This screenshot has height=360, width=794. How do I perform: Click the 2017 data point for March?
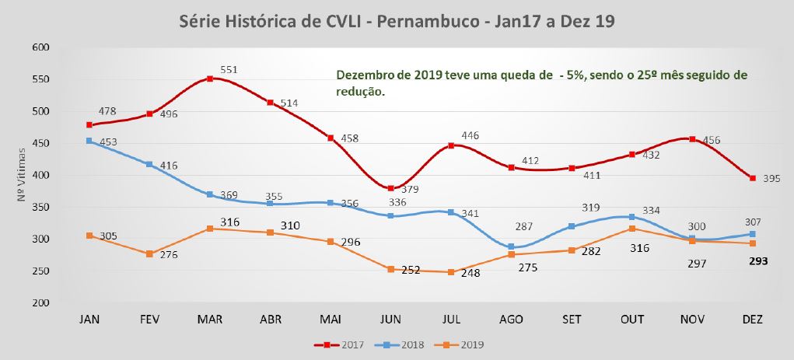point(210,79)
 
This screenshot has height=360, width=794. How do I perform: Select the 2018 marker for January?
point(89,141)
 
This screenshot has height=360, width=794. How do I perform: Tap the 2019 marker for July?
point(451,272)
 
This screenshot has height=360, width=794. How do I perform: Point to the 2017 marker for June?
point(391,188)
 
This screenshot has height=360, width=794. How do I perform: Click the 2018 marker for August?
point(512,247)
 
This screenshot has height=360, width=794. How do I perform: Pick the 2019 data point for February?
point(149,254)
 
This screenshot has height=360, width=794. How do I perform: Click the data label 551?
point(229,70)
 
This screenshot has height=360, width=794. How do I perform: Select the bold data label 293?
point(758,261)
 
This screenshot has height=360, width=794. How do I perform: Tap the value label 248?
point(470,274)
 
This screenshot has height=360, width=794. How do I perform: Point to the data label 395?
point(771,178)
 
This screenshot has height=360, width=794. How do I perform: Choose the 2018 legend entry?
point(399,344)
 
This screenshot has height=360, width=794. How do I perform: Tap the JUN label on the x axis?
point(391,320)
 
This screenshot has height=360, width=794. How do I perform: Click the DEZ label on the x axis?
point(753,320)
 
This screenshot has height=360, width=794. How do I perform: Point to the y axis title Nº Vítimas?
point(21,175)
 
